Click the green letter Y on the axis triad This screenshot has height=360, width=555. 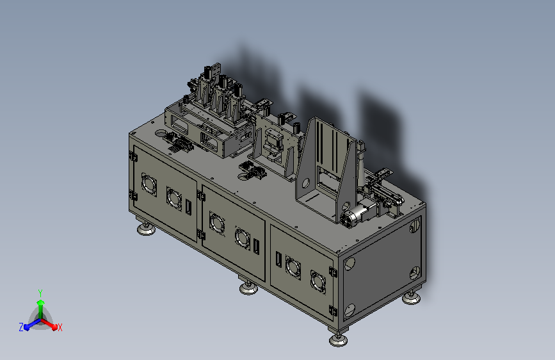pos(40,293)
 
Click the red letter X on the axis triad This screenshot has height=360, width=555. pos(60,327)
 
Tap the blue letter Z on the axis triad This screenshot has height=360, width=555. pos(21,327)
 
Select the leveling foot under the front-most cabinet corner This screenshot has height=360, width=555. pos(338,339)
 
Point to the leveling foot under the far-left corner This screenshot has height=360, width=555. pos(146,229)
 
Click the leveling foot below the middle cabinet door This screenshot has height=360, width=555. pos(248,288)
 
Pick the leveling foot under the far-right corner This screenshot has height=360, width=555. pos(412,298)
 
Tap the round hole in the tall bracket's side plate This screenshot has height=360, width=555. pos(305,183)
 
